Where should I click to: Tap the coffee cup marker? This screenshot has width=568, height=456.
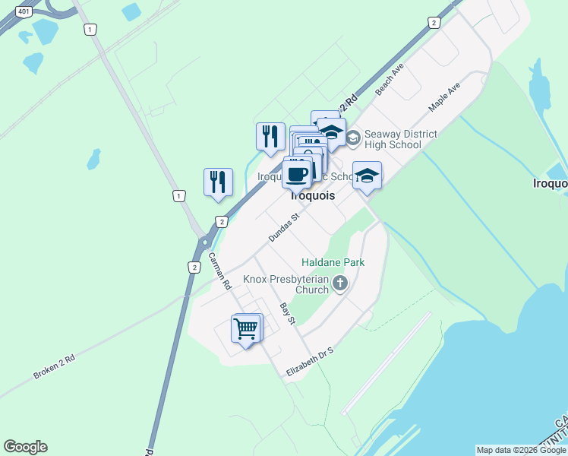297,174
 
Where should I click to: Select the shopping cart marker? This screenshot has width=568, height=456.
245,330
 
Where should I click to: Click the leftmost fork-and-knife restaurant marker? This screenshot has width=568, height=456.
218,182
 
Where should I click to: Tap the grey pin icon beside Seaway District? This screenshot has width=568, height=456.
353,138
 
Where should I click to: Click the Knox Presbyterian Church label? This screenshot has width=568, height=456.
286,284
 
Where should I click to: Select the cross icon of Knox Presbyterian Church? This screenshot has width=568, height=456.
339,284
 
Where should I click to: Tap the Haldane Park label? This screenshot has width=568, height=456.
333,263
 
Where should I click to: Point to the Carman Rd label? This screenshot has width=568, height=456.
219,271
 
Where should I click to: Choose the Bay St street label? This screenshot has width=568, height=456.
287,314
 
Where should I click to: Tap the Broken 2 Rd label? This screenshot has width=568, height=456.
54,368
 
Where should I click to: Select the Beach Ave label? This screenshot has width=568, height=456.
389,79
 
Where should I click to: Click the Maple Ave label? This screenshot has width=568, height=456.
444,98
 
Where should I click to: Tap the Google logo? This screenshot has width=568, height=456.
25,447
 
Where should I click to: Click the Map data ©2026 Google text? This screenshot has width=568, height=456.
521,450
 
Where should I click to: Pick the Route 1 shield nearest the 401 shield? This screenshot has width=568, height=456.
91,29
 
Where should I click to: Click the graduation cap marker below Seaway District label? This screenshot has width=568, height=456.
367,177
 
